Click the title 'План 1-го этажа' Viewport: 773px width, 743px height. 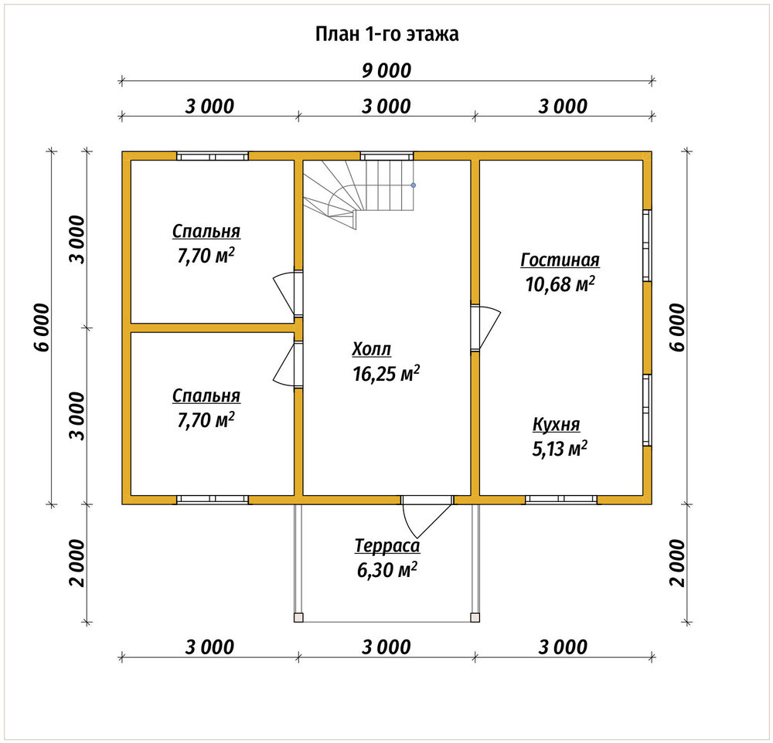(x=386, y=34)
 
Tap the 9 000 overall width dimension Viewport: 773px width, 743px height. (x=386, y=70)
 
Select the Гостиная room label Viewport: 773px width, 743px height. (x=560, y=260)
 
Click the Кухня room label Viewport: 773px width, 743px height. (x=556, y=424)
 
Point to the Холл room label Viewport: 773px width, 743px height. (x=372, y=349)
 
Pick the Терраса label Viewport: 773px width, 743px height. (x=387, y=545)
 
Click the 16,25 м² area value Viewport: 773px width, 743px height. (x=386, y=374)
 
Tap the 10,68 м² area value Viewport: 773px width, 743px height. (x=560, y=283)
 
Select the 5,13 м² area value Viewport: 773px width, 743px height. (x=560, y=449)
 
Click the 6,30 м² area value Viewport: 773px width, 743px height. (x=387, y=570)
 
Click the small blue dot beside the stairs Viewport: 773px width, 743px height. (x=413, y=185)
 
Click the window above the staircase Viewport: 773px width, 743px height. (x=386, y=156)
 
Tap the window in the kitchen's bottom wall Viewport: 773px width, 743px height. (x=561, y=499)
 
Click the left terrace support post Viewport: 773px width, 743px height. (x=298, y=617)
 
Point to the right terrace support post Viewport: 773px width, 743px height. (x=475, y=617)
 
